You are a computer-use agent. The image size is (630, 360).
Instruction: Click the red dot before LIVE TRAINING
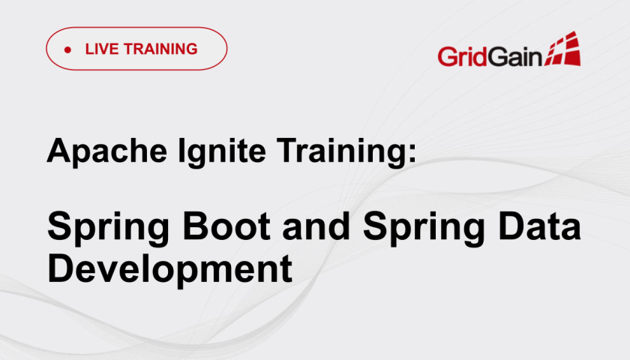pyautogui.click(x=67, y=49)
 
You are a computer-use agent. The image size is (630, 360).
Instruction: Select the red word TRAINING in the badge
pyautogui.click(x=160, y=49)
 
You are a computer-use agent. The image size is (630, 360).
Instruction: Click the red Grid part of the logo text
pyautogui.click(x=463, y=55)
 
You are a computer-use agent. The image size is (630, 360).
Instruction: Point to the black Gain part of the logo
pyautogui.click(x=515, y=55)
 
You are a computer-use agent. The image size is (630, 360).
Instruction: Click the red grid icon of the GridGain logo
pyautogui.click(x=562, y=49)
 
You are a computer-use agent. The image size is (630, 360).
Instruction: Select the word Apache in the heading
pyautogui.click(x=106, y=151)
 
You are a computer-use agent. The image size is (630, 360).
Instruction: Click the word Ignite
pyautogui.click(x=221, y=151)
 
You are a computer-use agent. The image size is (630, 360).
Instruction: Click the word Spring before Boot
pyautogui.click(x=109, y=227)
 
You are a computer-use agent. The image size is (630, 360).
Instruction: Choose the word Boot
pyautogui.click(x=226, y=226)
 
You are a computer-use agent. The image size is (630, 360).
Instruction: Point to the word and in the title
pyautogui.click(x=316, y=226)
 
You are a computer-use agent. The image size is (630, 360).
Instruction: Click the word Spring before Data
pyautogui.click(x=424, y=227)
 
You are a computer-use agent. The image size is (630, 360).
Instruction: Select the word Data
pyautogui.click(x=539, y=226)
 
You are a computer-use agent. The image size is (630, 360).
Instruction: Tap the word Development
pyautogui.click(x=169, y=270)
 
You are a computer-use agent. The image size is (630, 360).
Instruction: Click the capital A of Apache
pyautogui.click(x=59, y=150)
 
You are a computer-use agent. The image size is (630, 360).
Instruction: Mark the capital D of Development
pyautogui.click(x=60, y=268)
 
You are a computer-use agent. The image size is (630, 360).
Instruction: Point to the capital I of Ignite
pyautogui.click(x=181, y=150)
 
